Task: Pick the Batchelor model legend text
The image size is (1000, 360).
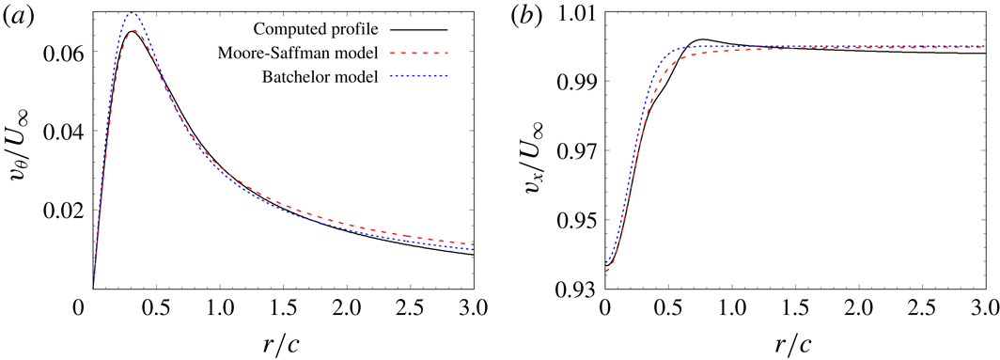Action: (x=325, y=78)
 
